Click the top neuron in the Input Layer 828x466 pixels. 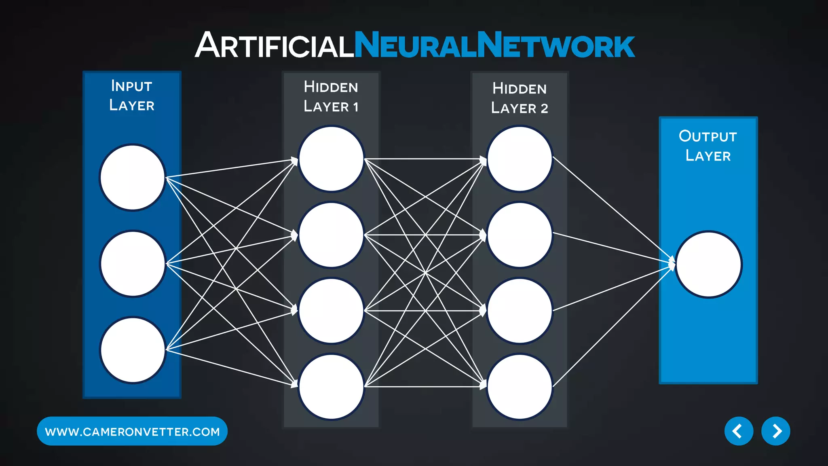[x=133, y=178]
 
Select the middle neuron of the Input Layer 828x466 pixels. [x=133, y=264]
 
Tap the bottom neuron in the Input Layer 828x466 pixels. [x=133, y=350]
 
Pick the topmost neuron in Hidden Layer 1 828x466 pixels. [x=331, y=159]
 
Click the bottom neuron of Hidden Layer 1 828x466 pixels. [x=331, y=387]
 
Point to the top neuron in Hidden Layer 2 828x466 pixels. [x=520, y=159]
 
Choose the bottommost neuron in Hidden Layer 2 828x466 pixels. [x=520, y=387]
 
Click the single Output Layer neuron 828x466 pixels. [x=708, y=265]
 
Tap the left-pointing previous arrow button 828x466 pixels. [x=739, y=431]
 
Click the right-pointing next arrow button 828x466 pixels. [x=775, y=431]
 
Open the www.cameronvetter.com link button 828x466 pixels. [x=132, y=432]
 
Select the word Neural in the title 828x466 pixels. [x=415, y=45]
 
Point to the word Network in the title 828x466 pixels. [x=556, y=45]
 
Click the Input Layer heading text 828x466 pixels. [x=132, y=95]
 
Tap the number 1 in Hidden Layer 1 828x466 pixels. [x=356, y=107]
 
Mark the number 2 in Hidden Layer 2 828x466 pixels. [x=544, y=109]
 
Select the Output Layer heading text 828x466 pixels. [x=708, y=146]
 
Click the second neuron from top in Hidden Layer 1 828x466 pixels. [x=331, y=235]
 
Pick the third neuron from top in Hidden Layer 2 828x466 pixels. [x=520, y=311]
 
